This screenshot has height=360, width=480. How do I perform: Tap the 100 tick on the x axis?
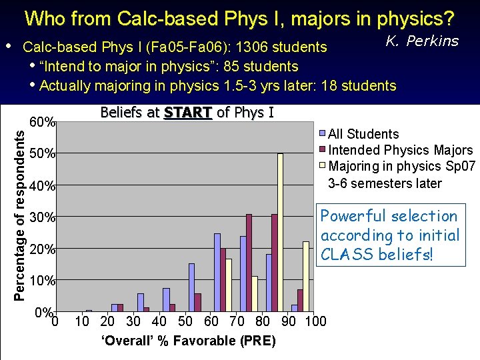[x=315, y=322]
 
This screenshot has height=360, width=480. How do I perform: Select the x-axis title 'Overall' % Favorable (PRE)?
[x=187, y=341]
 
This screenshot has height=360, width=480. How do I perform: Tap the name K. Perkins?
[x=423, y=41]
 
